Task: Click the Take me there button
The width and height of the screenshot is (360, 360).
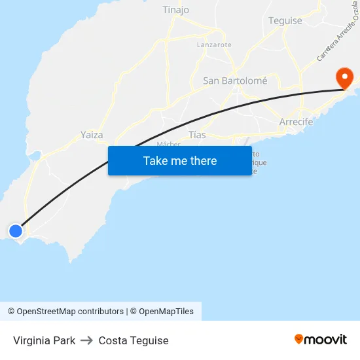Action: click(x=180, y=160)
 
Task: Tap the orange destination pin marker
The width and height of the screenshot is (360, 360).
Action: click(x=344, y=78)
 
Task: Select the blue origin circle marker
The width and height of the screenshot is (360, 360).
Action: click(x=16, y=230)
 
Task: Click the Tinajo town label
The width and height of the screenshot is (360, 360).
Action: click(x=175, y=10)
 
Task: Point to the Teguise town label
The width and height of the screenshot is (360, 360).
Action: click(x=285, y=20)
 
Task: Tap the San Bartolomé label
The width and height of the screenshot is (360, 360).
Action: click(x=235, y=81)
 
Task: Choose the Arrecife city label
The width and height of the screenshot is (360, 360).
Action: click(x=296, y=122)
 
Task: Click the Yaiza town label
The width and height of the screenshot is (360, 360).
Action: click(x=92, y=134)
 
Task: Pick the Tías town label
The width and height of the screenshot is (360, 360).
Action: click(x=197, y=134)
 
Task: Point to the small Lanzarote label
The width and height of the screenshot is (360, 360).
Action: click(x=214, y=45)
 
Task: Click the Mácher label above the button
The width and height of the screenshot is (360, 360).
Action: click(x=168, y=144)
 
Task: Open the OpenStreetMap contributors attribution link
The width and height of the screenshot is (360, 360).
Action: click(x=65, y=312)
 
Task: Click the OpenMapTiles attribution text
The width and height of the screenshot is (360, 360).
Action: click(x=166, y=312)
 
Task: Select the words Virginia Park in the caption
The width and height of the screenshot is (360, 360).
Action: click(x=44, y=340)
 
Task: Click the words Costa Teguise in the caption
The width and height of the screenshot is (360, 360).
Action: click(x=134, y=340)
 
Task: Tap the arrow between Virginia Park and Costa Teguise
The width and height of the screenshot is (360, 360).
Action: click(x=87, y=340)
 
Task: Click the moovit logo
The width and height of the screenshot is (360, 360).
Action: click(x=320, y=339)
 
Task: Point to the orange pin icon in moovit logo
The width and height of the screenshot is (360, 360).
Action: click(x=299, y=339)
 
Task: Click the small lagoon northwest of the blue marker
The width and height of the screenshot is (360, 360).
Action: click(x=35, y=156)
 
